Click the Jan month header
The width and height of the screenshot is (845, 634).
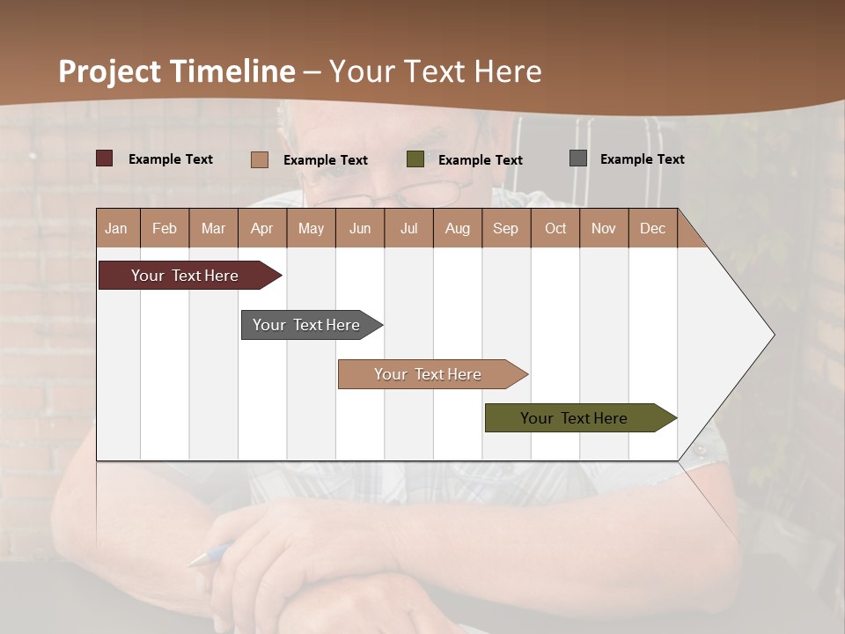[x=116, y=228]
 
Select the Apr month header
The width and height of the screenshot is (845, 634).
[x=261, y=228]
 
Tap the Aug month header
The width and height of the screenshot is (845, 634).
[x=457, y=228]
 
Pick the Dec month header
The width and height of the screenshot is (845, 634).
[x=652, y=228]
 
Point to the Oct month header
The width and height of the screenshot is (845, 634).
[x=555, y=228]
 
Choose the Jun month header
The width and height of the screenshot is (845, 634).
[x=359, y=228]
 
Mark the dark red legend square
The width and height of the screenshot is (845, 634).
[x=104, y=158]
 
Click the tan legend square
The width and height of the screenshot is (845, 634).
[x=259, y=159]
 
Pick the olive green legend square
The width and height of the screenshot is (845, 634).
[x=415, y=159]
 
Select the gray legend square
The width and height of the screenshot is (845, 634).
[x=577, y=158]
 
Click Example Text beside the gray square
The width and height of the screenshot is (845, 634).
[x=642, y=159]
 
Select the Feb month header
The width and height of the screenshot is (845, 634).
[x=165, y=228]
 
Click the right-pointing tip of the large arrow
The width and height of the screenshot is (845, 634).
[x=772, y=334]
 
